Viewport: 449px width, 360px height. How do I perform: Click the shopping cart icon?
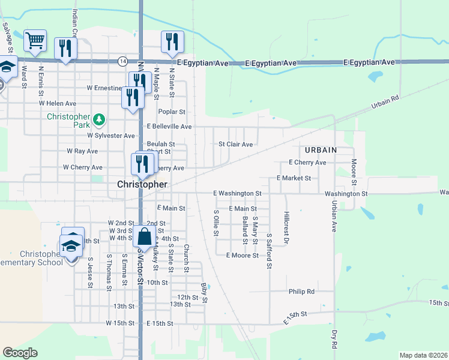pyautogui.click(x=35, y=41)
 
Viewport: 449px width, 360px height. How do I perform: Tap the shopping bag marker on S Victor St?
pyautogui.click(x=144, y=236)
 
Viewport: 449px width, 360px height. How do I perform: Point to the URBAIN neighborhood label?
pyautogui.click(x=321, y=149)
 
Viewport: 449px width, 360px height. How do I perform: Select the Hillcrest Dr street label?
pyautogui.click(x=287, y=228)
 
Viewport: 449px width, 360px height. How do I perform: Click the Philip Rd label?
pyautogui.click(x=301, y=292)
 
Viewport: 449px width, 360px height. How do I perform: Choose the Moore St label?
pyautogui.click(x=354, y=172)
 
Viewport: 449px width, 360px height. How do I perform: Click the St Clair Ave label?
pyautogui.click(x=235, y=144)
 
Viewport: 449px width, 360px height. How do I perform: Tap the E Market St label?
pyautogui.click(x=294, y=178)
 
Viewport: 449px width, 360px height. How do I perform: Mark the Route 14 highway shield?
pyautogui.click(x=122, y=61)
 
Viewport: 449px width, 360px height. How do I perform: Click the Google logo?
pyautogui.click(x=20, y=353)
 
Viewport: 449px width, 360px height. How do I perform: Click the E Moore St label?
pyautogui.click(x=242, y=255)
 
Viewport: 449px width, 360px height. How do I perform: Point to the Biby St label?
pyautogui.click(x=204, y=293)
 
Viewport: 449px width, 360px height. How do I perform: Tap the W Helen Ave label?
pyautogui.click(x=58, y=103)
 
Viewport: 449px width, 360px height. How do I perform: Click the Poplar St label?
pyautogui.click(x=172, y=112)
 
